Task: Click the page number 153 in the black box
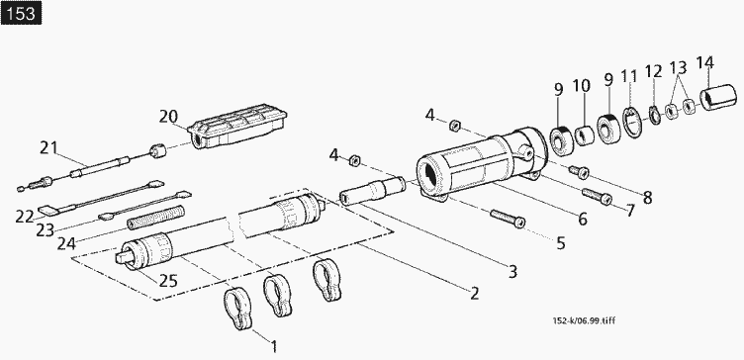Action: pos(22,13)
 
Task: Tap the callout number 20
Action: pos(168,117)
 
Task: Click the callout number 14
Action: pos(705,62)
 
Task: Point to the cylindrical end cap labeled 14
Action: pos(718,98)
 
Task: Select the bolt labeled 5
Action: pos(508,219)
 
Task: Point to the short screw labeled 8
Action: pos(580,172)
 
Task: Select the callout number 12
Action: pos(653,72)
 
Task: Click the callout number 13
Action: pos(679,67)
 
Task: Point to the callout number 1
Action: pos(274,347)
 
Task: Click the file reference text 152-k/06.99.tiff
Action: pos(584,321)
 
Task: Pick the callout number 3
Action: pos(512,272)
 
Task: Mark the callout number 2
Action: pos(475,294)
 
